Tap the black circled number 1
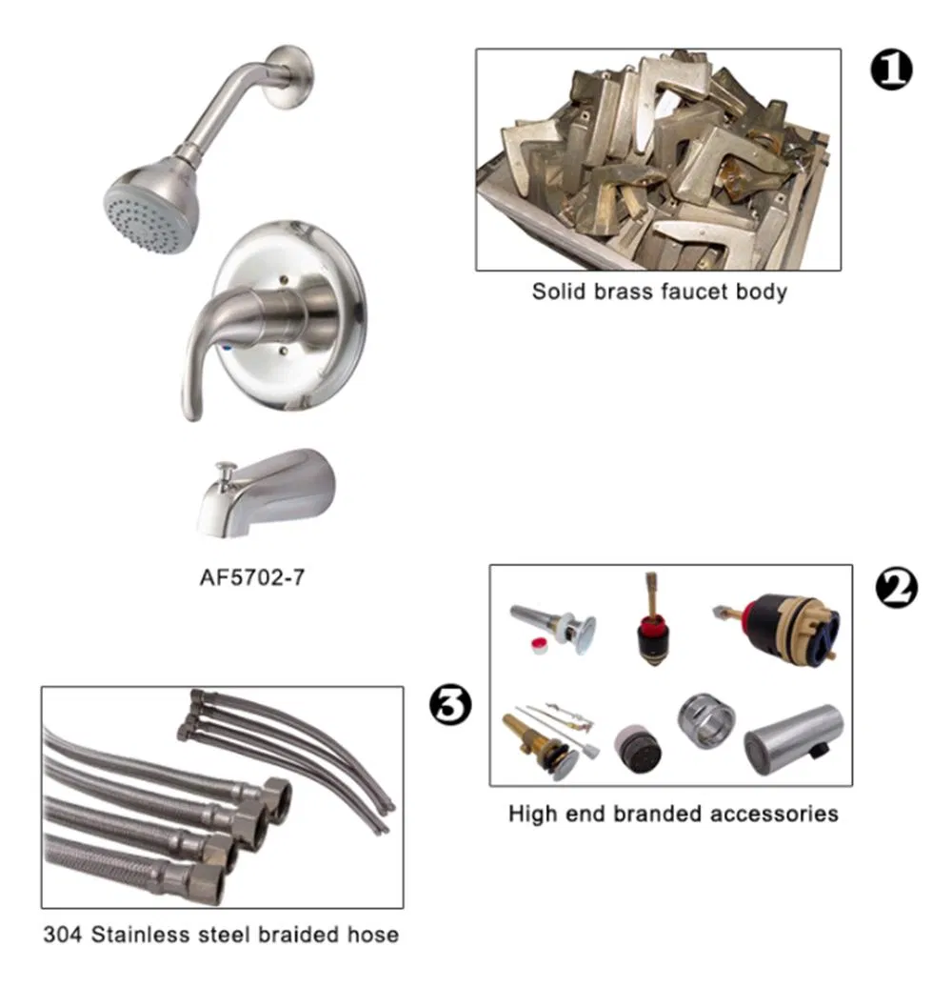tap(890, 70)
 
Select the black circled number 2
tap(896, 588)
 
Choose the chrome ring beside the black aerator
tap(703, 721)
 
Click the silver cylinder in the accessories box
tap(793, 739)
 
